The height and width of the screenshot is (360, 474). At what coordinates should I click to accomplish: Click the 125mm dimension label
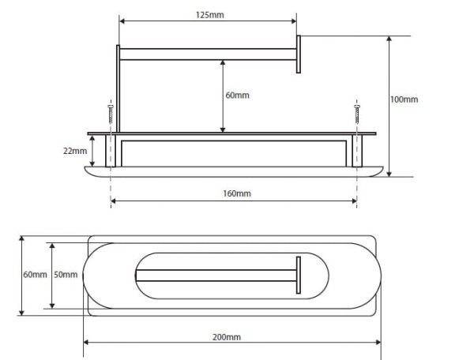point(210,15)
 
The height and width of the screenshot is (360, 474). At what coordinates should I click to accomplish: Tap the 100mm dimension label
point(404,99)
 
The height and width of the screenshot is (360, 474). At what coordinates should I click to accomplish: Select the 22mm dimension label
point(75,151)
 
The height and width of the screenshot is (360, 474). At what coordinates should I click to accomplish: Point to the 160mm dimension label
point(237,193)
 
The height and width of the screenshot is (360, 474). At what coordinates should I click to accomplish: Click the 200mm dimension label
point(227,337)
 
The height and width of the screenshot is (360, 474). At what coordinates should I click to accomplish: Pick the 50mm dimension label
point(66,275)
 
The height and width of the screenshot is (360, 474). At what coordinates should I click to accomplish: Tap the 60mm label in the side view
point(238,96)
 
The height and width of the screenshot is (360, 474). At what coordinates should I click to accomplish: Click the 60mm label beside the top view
point(35,275)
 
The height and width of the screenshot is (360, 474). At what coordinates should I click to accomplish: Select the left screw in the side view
point(111,114)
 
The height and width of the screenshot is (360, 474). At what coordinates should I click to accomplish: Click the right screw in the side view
point(357,114)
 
